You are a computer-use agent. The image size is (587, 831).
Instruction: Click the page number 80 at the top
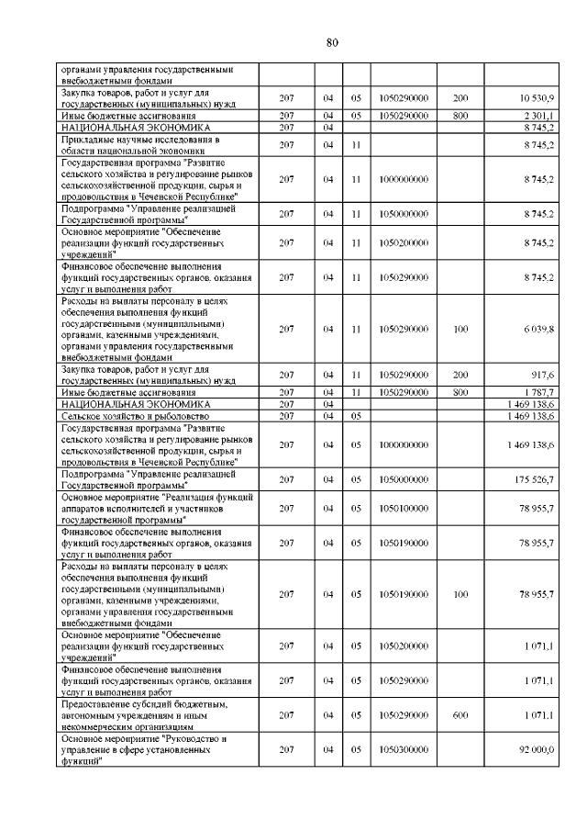tap(332, 42)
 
